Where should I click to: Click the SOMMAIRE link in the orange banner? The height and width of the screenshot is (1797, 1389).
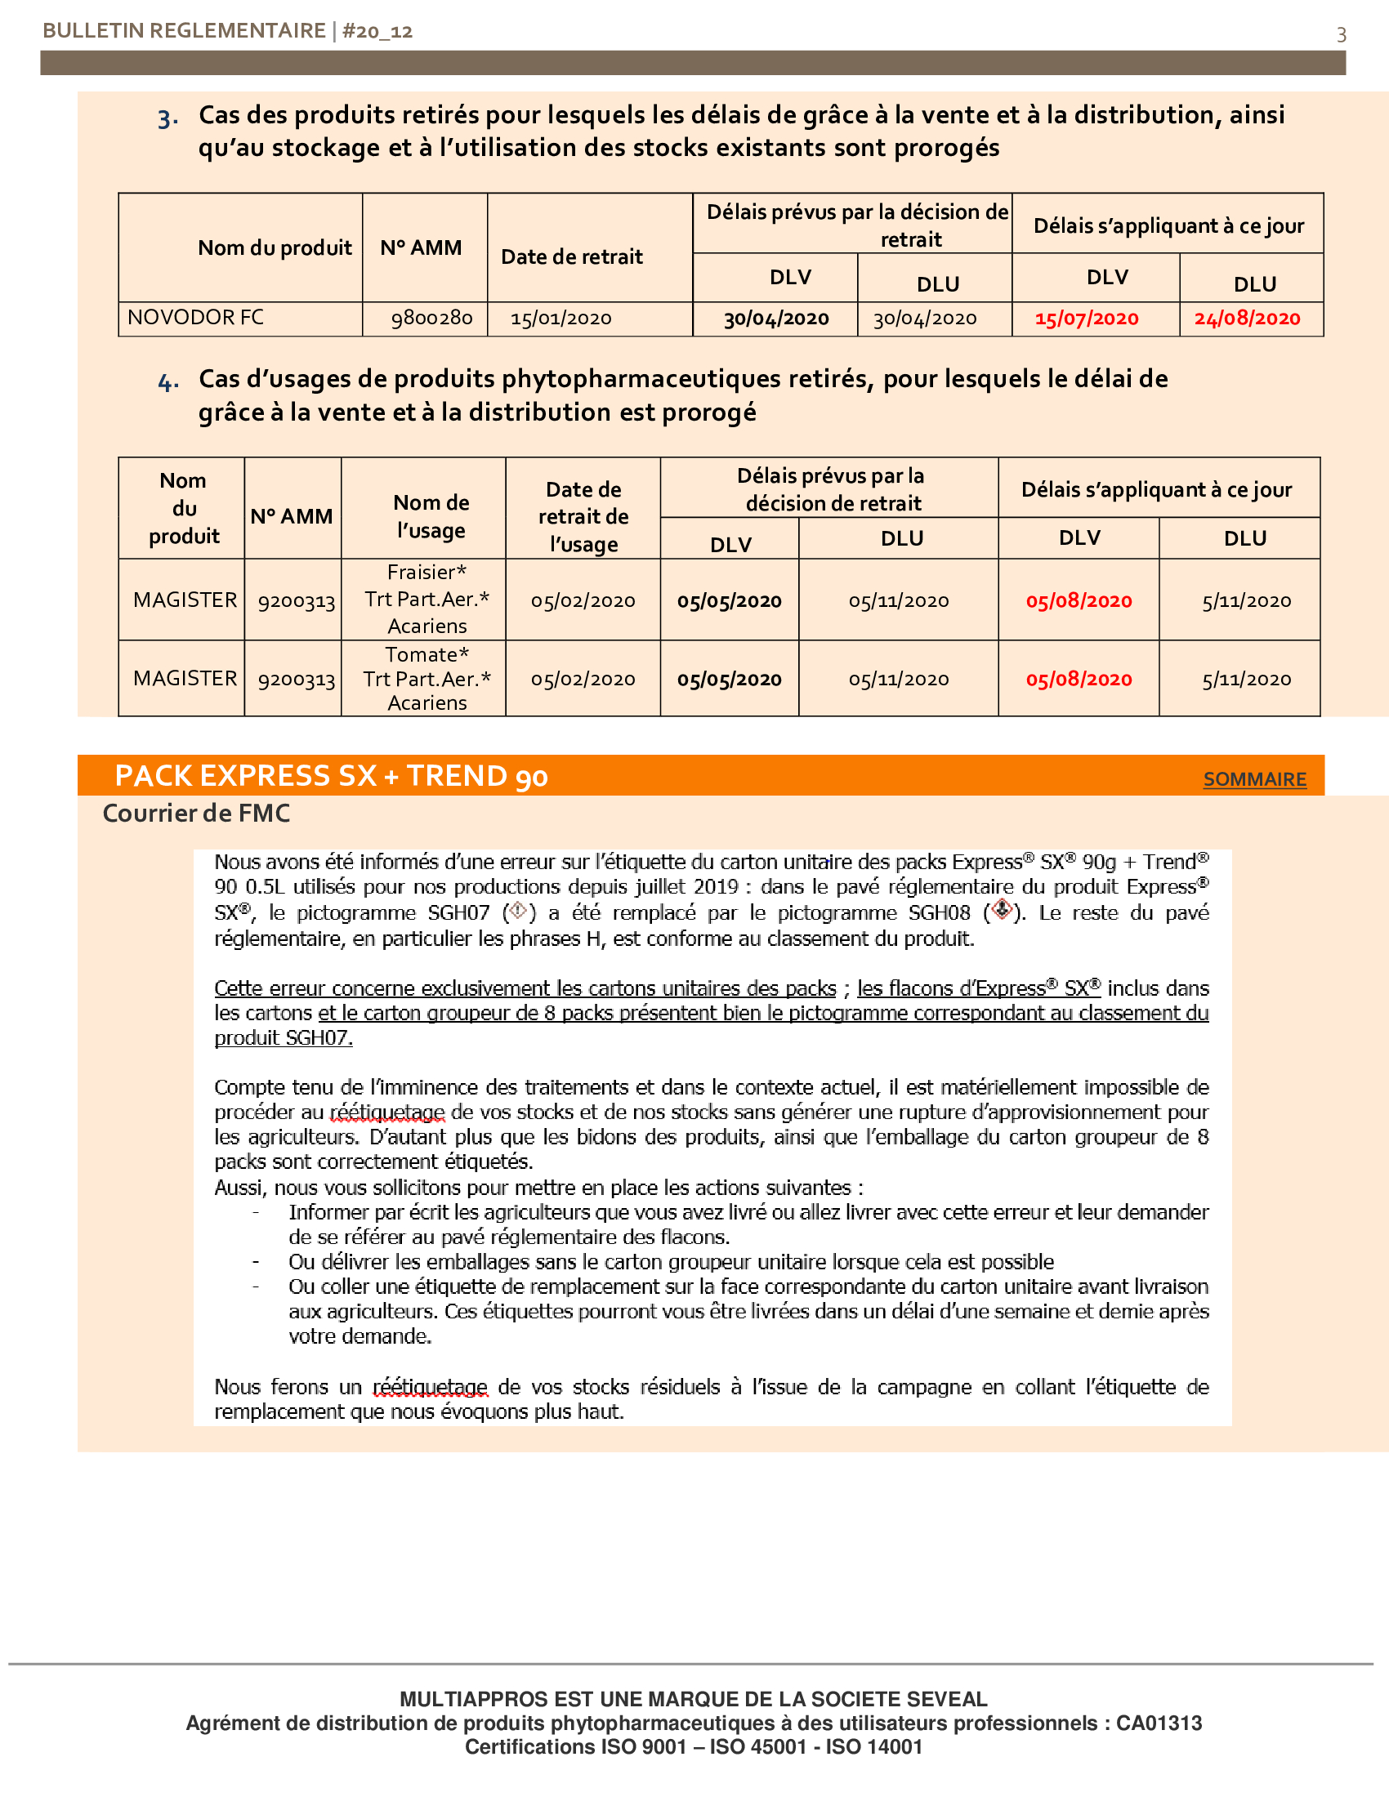tap(1254, 779)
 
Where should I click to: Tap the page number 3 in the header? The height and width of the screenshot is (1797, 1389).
tap(1341, 34)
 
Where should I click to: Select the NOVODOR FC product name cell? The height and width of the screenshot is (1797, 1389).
tap(196, 318)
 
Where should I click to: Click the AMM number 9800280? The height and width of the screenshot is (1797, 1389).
tap(431, 319)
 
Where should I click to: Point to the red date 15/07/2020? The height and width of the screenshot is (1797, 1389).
tap(1086, 319)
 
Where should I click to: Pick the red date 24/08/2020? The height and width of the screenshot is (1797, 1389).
tap(1247, 319)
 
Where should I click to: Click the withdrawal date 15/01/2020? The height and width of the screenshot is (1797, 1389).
tap(561, 319)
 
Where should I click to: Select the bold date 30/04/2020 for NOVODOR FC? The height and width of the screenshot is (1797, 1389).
tap(776, 319)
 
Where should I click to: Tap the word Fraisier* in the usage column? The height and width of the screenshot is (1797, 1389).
tap(427, 572)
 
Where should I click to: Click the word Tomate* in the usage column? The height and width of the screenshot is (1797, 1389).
tap(427, 655)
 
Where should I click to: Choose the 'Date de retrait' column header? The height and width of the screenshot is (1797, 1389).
tap(572, 256)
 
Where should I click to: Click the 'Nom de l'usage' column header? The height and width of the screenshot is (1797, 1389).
tap(431, 516)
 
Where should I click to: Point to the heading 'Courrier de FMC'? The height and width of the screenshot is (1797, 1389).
tap(196, 813)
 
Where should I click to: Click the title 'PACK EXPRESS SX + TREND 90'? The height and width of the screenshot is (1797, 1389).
tap(331, 776)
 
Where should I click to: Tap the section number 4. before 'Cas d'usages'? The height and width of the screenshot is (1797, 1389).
tap(167, 381)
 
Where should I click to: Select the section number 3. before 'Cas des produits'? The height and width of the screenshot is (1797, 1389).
tap(167, 118)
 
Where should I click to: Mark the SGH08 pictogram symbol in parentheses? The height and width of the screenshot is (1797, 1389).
tap(1001, 910)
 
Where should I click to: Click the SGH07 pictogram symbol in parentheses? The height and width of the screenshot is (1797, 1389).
tap(518, 911)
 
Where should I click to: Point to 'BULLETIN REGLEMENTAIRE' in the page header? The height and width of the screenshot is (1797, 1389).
tap(184, 31)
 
